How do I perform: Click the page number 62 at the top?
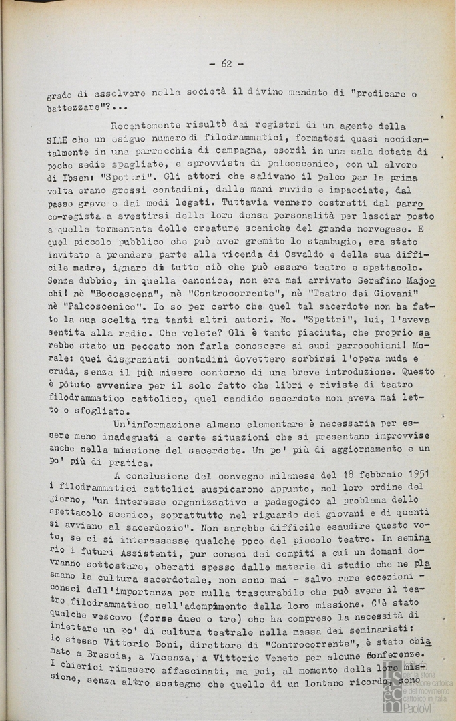click(226, 64)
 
